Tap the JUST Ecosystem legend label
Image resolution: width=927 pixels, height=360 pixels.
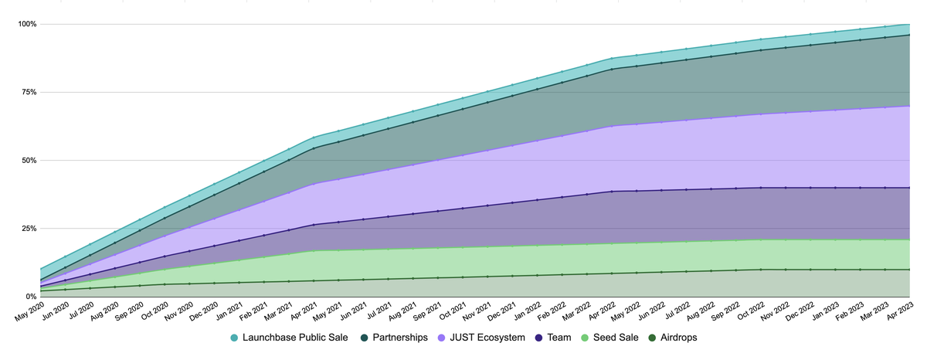pos(485,338)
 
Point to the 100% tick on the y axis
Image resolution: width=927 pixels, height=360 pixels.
pos(28,24)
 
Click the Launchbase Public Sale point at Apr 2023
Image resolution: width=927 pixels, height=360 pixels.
pos(909,25)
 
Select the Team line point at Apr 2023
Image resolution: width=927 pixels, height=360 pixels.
pos(909,188)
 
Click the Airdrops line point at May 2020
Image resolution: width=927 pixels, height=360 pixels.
pos(40,290)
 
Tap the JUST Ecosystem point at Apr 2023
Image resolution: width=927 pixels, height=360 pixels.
pos(909,106)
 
